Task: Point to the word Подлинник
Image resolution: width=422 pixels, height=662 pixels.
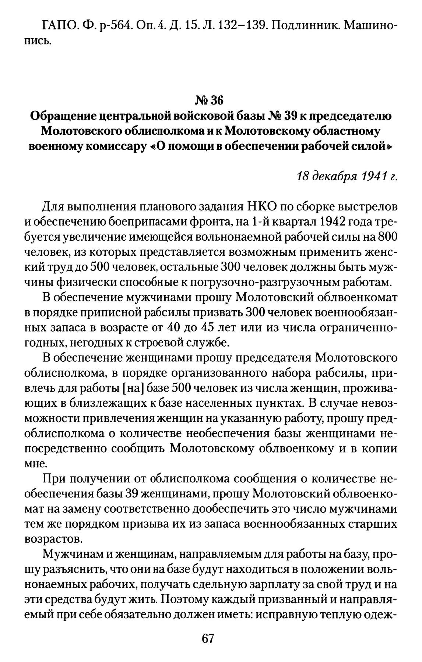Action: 303,25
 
